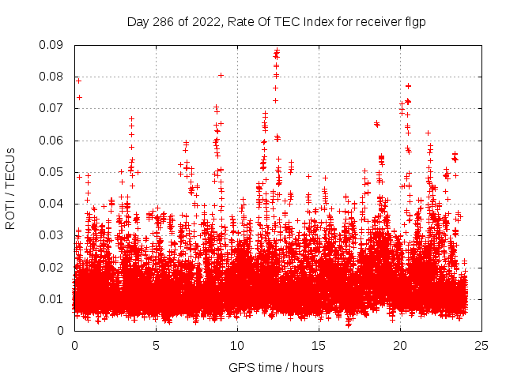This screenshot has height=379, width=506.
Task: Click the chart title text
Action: coord(276,22)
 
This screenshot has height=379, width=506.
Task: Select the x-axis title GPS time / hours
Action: coord(276,367)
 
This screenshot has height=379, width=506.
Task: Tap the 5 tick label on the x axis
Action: coord(156,345)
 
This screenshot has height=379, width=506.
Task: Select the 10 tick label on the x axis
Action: coord(237,345)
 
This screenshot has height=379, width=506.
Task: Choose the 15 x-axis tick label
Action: coord(319,345)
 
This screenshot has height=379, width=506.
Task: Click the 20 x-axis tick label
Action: coord(400,345)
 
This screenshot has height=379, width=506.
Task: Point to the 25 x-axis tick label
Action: coord(481,345)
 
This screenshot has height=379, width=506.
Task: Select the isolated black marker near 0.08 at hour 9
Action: coord(221,75)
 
